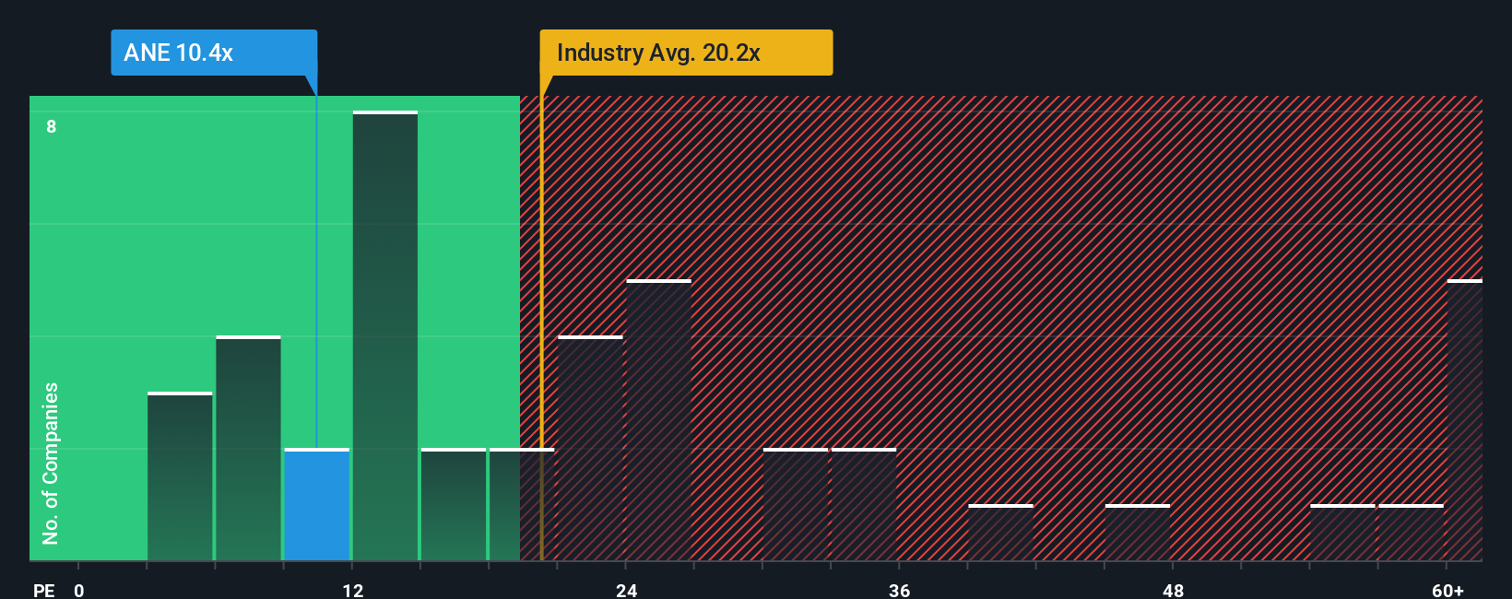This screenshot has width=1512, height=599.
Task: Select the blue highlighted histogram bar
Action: [x=316, y=505]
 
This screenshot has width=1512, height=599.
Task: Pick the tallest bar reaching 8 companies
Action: [x=384, y=336]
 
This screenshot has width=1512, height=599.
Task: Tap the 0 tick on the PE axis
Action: [x=79, y=590]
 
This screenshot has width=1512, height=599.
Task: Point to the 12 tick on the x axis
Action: [x=353, y=590]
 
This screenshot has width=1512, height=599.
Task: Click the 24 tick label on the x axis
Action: [x=627, y=590]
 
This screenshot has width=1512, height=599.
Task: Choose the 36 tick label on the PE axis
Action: [x=900, y=590]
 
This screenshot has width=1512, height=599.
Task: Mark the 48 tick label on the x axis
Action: [x=1173, y=590]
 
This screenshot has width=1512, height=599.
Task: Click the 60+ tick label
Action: [x=1447, y=590]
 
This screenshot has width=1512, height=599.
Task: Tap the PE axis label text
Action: [x=43, y=590]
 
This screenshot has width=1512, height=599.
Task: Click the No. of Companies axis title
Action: [x=51, y=463]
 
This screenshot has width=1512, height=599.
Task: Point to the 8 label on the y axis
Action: [x=52, y=126]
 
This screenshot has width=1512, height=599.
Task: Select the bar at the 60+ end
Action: [x=1464, y=420]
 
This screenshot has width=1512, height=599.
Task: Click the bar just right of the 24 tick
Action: [x=658, y=420]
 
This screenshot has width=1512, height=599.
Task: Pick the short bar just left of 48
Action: [x=1137, y=533]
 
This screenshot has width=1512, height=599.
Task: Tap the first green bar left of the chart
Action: [x=180, y=476]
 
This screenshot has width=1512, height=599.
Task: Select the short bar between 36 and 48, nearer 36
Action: [x=1000, y=533]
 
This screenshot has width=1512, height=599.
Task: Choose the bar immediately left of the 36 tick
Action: [x=864, y=505]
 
